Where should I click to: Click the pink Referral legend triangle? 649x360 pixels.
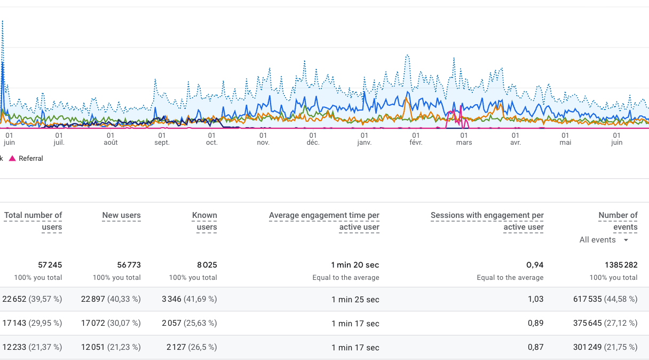click(12, 158)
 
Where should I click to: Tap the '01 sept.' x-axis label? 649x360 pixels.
click(162, 139)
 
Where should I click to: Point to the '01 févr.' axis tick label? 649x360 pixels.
click(416, 139)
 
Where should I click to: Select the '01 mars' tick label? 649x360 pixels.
click(464, 139)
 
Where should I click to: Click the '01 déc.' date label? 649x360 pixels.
click(313, 139)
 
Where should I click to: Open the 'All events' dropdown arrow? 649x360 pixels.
click(626, 240)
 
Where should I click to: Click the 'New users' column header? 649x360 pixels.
click(121, 215)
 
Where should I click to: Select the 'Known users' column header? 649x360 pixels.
click(204, 221)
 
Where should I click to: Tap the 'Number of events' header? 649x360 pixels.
click(618, 221)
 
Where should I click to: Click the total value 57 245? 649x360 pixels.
click(50, 265)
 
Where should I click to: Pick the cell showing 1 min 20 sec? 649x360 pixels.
click(355, 265)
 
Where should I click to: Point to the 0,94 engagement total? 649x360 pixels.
click(535, 265)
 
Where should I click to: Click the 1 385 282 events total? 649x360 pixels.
click(621, 265)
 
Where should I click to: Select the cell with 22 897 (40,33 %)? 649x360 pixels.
click(110, 299)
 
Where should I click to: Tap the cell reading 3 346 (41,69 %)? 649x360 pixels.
click(189, 299)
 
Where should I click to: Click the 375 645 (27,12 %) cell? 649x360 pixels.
click(605, 323)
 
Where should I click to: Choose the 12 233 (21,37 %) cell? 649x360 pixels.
click(32, 347)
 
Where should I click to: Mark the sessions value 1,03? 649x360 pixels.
click(536, 299)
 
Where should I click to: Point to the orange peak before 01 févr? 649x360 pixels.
click(407, 99)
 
